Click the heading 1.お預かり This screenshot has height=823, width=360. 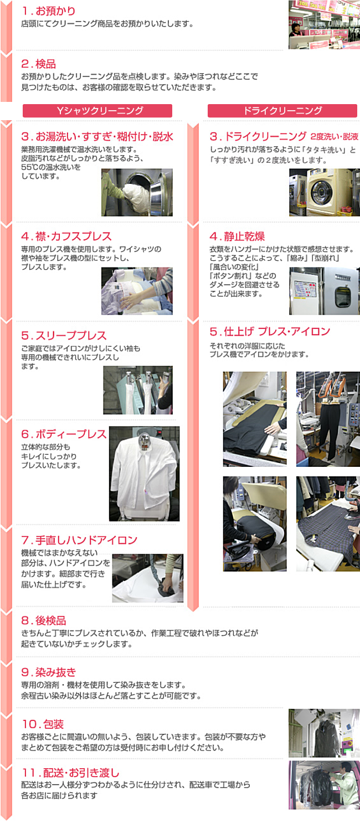(48, 11)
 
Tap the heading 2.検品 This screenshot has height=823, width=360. (39, 64)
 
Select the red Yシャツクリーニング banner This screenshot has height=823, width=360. (97, 111)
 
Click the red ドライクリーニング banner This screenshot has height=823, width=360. (282, 111)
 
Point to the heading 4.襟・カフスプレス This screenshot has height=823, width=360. (66, 236)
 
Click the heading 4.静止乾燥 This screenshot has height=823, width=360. (237, 236)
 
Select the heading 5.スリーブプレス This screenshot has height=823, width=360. (64, 336)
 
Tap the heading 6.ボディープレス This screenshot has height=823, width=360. (64, 434)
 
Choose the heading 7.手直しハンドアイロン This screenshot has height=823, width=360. (79, 540)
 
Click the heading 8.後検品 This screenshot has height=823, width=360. (44, 620)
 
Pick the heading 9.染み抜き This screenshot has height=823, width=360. (49, 672)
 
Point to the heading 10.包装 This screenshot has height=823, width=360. (43, 724)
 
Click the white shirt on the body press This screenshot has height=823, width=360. (145, 472)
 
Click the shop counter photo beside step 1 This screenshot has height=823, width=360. (324, 24)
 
